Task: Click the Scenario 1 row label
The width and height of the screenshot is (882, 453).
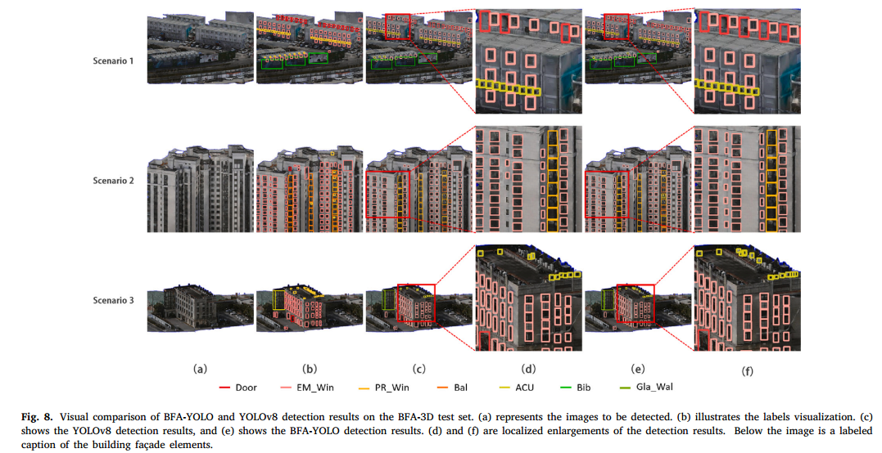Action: [x=112, y=61]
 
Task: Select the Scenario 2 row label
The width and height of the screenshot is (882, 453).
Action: [x=112, y=179]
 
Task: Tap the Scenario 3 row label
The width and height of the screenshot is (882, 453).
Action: [x=112, y=300]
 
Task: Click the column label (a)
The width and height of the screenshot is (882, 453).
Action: [x=200, y=369]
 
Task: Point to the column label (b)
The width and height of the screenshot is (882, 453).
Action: [x=310, y=369]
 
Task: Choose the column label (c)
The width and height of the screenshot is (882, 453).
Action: [x=419, y=369]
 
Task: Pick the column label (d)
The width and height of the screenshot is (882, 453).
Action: [x=527, y=369]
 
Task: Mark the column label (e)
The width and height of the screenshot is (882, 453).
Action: [x=637, y=369]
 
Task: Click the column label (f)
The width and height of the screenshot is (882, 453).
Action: [x=747, y=370]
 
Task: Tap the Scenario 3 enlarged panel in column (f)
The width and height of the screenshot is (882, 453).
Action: [x=747, y=298]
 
